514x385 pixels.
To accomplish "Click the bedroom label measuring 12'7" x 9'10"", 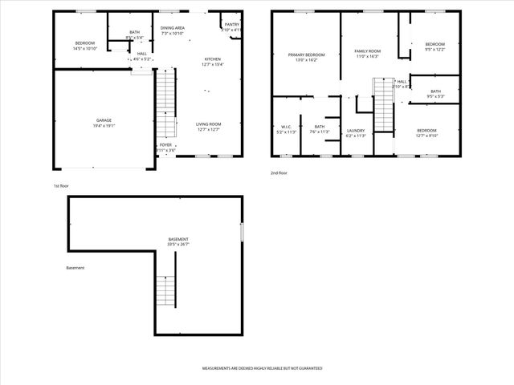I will (426, 132).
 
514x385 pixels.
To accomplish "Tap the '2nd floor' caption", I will (279, 173).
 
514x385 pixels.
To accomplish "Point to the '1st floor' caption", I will (61, 185).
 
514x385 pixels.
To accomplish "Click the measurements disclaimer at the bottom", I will (263, 368).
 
